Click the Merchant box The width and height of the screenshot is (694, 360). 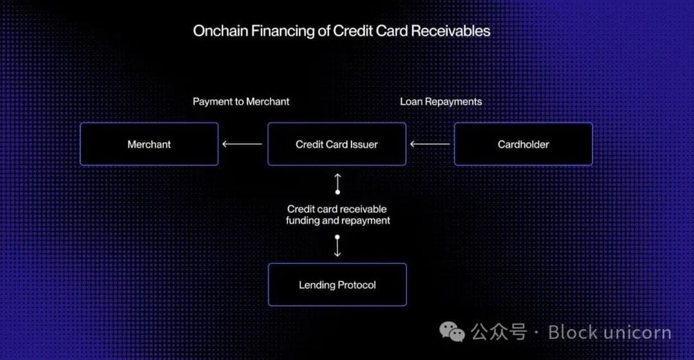[149, 144]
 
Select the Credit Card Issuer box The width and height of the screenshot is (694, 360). [337, 144]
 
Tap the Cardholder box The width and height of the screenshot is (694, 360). [523, 144]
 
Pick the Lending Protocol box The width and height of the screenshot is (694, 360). [337, 285]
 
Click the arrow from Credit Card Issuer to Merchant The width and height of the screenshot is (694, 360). [242, 144]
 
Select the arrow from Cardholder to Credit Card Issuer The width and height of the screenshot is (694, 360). [430, 144]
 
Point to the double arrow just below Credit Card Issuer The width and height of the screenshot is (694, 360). [337, 183]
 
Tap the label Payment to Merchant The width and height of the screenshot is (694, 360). [241, 102]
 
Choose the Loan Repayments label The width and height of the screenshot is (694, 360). [441, 102]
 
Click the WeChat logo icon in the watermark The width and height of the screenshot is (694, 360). [452, 332]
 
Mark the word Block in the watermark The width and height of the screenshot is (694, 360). [573, 332]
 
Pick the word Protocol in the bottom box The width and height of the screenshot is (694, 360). [355, 285]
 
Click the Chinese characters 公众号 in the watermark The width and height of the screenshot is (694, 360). [499, 332]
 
